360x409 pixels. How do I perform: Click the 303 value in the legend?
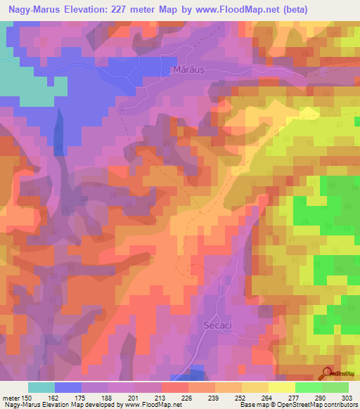(x=347, y=397)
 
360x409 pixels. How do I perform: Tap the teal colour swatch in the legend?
(x=41, y=387)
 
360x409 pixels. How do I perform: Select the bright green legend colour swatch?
(x=309, y=387)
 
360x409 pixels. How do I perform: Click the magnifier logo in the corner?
(x=326, y=372)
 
